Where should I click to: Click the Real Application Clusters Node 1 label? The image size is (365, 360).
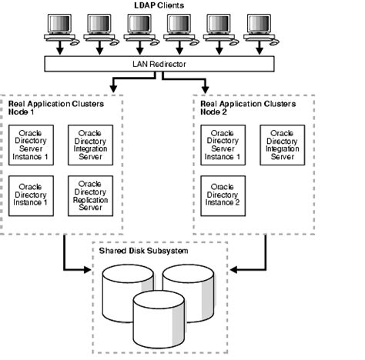(x=47, y=105)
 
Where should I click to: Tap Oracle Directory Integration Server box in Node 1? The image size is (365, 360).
(x=90, y=145)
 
